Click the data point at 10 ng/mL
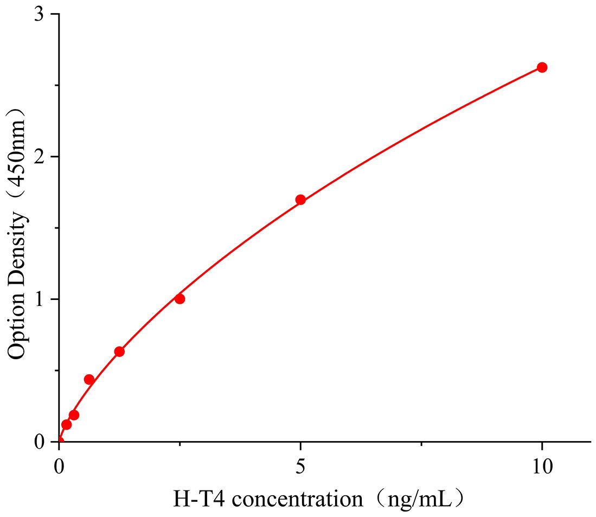click(x=542, y=67)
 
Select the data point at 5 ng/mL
click(x=300, y=200)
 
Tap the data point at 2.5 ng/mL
click(x=180, y=299)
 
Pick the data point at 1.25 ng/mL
click(x=119, y=352)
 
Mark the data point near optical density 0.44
click(x=89, y=379)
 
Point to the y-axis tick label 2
click(x=39, y=157)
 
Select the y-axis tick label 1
click(x=39, y=299)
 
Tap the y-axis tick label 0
click(x=39, y=442)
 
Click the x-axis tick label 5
click(x=300, y=465)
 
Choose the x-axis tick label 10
click(x=542, y=465)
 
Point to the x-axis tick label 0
click(x=59, y=465)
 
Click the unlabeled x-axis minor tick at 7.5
click(x=421, y=445)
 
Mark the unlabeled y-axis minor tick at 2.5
click(x=56, y=85)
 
